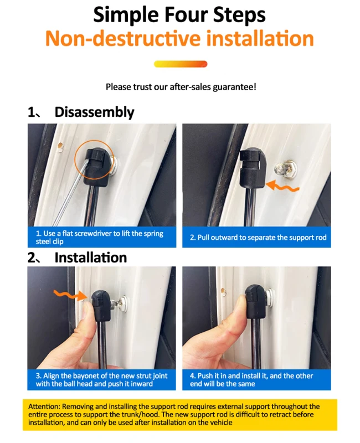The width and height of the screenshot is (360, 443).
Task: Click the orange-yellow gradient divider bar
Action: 181,64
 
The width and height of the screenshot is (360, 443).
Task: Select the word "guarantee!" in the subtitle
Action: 234,87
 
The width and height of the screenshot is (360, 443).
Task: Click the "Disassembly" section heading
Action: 94,112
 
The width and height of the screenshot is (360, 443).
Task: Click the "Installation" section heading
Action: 90,257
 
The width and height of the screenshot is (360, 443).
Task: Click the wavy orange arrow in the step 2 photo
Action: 282,187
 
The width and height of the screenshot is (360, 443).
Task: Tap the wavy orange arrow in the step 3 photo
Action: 71,295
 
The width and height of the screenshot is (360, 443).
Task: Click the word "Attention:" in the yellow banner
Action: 44,406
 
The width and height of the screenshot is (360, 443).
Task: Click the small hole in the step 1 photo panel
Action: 60,146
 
